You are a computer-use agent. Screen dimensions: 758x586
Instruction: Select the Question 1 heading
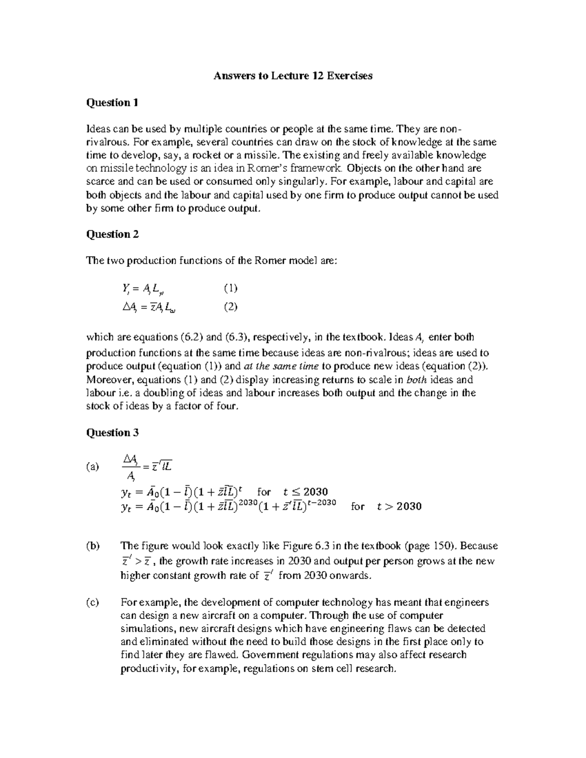point(112,102)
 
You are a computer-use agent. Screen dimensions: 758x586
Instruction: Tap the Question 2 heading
point(112,234)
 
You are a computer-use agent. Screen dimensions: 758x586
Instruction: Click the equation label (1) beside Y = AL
point(230,288)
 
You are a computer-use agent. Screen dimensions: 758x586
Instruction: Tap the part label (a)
point(92,467)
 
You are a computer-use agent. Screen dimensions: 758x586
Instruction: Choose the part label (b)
point(92,546)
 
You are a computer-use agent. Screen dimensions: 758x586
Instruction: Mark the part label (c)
point(92,602)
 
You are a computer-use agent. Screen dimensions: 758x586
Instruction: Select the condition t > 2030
point(399,506)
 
